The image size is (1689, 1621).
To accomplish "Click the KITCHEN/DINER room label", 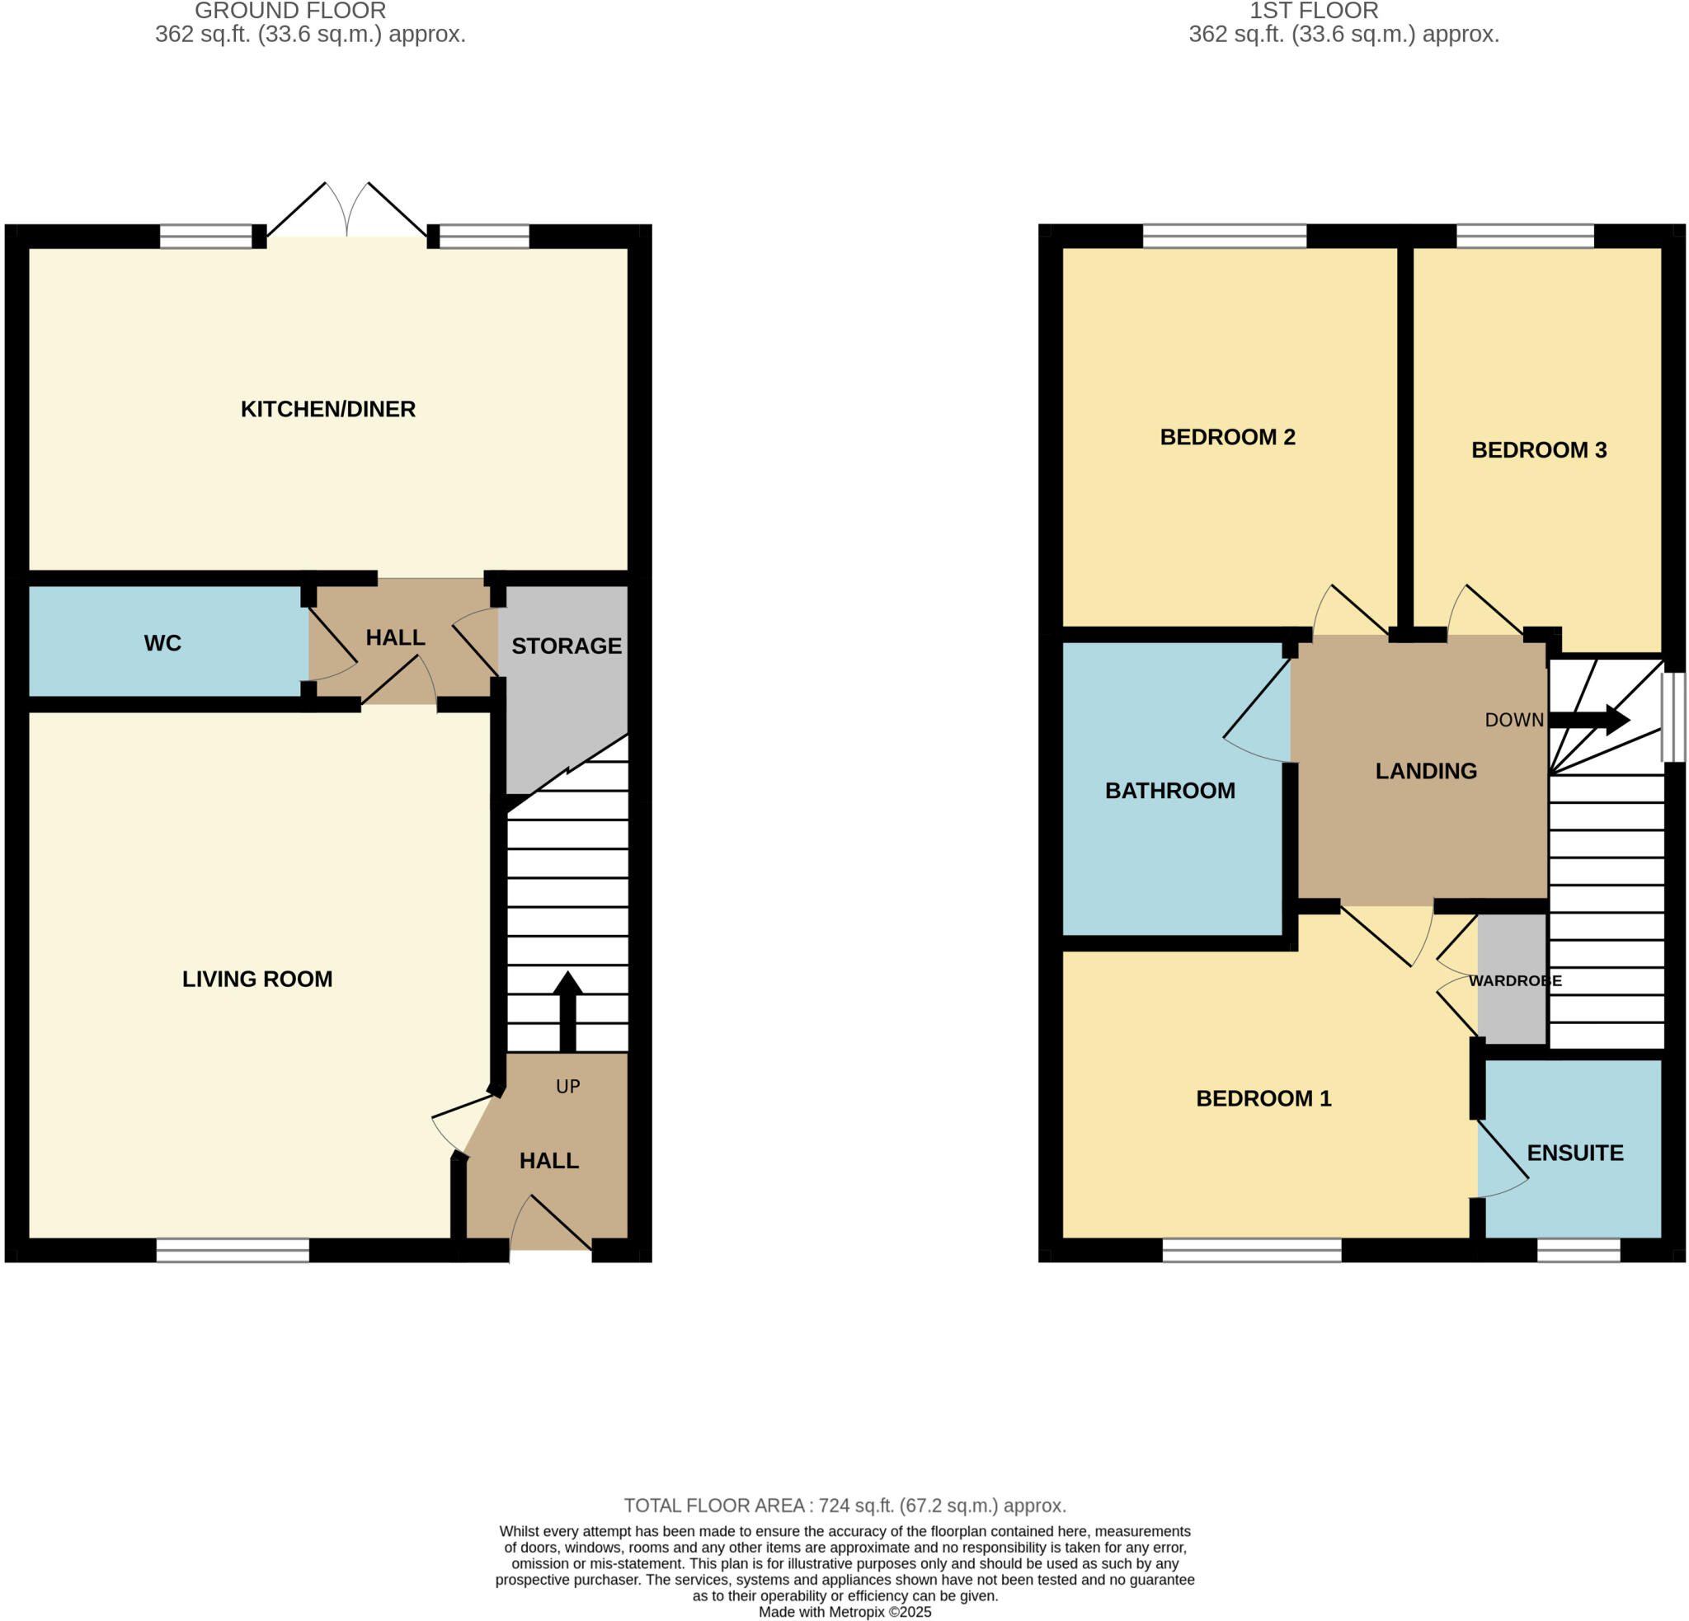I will (x=327, y=409).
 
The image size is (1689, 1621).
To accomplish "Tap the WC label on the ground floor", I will (x=162, y=643).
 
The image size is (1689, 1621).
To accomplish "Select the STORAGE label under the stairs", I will (x=566, y=646).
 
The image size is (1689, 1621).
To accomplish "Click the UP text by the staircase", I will (x=568, y=1087).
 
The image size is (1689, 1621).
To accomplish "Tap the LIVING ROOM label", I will (x=256, y=980).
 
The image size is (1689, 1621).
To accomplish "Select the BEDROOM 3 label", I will (x=1539, y=450).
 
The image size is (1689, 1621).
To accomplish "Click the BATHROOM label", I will (x=1169, y=791).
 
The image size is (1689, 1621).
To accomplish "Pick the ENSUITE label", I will (x=1575, y=1153).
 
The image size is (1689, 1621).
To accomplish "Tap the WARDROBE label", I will (x=1515, y=981).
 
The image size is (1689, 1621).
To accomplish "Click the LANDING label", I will (x=1426, y=771).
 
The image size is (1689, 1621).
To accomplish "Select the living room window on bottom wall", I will (x=233, y=1251).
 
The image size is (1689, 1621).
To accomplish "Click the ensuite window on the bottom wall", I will (x=1578, y=1251).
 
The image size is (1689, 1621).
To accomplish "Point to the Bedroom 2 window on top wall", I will (x=1225, y=236).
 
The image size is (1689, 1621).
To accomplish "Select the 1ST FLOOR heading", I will (x=1313, y=12).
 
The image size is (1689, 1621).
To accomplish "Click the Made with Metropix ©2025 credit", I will (x=844, y=1612).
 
